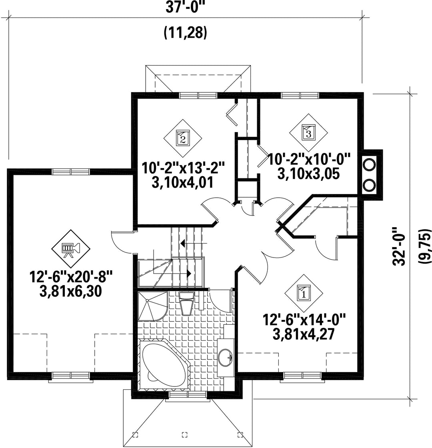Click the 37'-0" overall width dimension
(186, 7)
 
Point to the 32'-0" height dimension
(400, 247)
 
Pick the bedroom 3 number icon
(308, 133)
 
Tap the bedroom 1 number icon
(304, 293)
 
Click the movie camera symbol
(71, 249)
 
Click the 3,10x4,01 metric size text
(183, 183)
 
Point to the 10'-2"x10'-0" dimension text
(309, 159)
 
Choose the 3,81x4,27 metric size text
(304, 334)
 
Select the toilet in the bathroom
(186, 303)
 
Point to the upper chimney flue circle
(369, 164)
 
